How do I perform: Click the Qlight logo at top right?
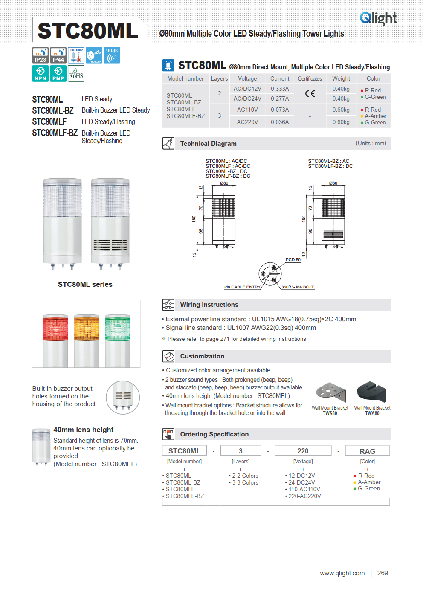pos(378,18)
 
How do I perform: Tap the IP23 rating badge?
pos(41,55)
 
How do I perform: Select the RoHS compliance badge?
pos(76,73)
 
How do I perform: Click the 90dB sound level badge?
pos(112,55)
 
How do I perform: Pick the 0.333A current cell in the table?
pos(280,89)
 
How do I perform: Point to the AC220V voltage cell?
pos(247,122)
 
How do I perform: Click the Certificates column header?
pos(310,78)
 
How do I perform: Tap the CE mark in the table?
pos(310,93)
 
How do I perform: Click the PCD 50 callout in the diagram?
pos(293,260)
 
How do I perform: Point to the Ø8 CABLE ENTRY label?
pos(242,287)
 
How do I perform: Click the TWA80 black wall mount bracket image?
pos(371,392)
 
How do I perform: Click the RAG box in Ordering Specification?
pos(368,451)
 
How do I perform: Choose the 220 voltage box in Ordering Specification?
pos(303,451)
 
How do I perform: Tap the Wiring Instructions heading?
pos(209,305)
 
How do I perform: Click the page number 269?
pos(382,573)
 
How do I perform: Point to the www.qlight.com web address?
pos(342,573)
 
